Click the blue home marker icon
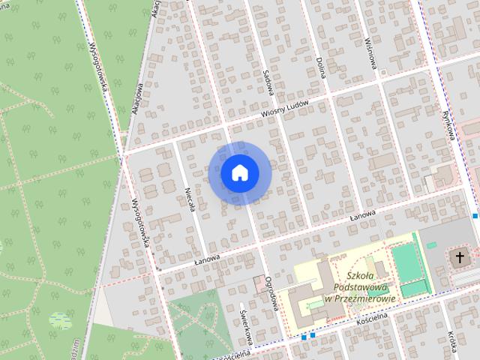tap(239, 172)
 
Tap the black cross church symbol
tap(459, 258)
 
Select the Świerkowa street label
tap(244, 327)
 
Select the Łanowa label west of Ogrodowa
tap(207, 259)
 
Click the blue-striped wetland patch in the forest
tap(60, 320)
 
